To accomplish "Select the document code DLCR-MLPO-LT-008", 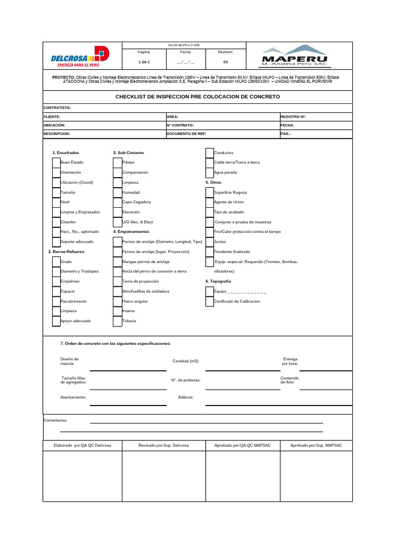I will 184,45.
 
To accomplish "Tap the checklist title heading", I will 198,97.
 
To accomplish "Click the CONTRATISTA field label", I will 57,108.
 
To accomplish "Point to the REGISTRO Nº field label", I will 293,117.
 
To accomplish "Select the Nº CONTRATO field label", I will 180,125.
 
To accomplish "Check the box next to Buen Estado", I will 56,162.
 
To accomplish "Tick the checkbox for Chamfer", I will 56,222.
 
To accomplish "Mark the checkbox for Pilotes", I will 118,162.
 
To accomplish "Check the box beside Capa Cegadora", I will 118,202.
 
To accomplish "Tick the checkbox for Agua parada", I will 209,172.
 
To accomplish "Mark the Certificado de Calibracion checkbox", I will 209,301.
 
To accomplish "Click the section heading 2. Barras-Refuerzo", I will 66,252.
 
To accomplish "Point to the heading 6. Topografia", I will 218,281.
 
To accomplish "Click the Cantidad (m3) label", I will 186,361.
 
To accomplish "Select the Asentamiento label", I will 73,397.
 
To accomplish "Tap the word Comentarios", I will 55,420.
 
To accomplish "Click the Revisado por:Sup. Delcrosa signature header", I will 163,446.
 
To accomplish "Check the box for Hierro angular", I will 118,301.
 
